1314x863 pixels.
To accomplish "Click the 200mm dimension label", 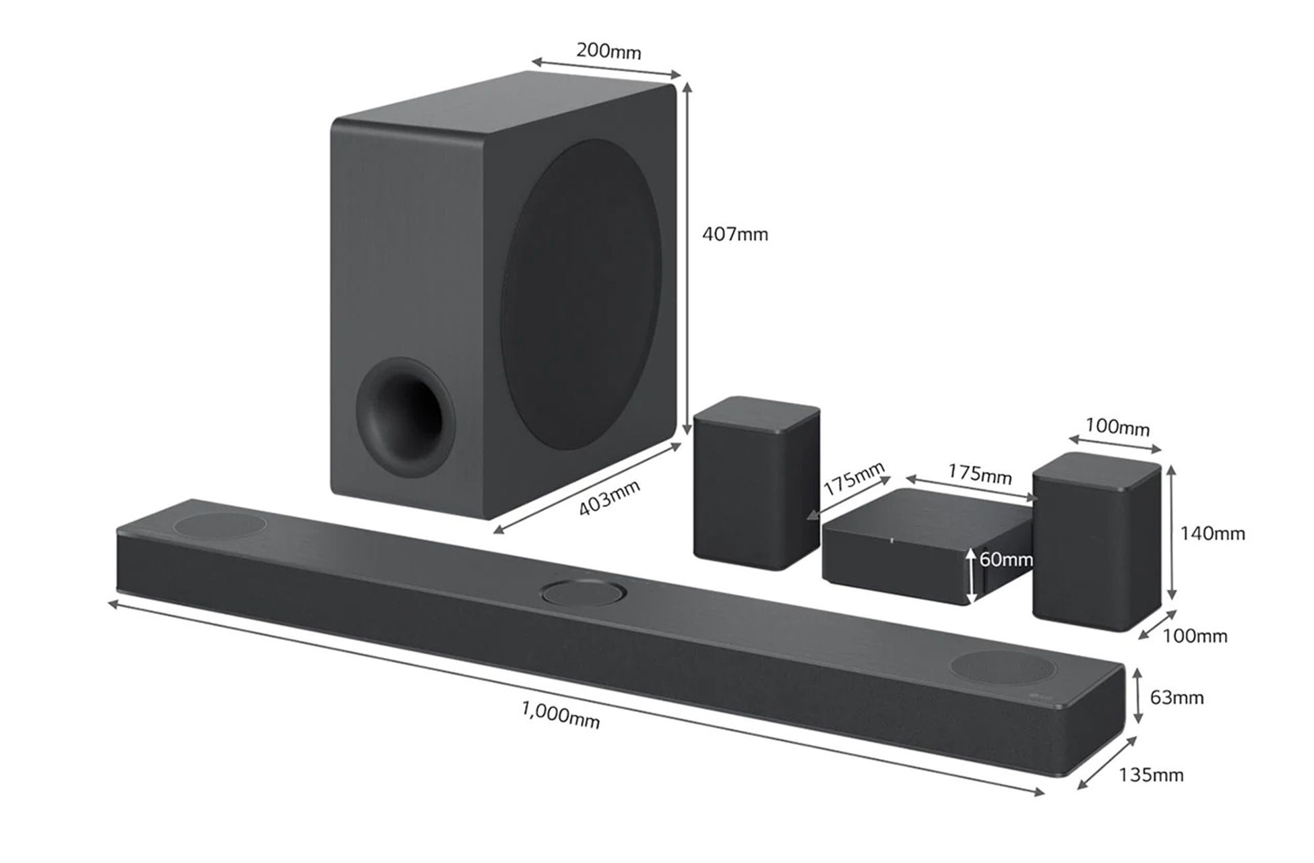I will click(x=608, y=51).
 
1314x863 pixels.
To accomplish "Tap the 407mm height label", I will click(x=734, y=235).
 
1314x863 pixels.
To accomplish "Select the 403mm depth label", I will click(x=608, y=498).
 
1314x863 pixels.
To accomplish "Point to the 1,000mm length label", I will click(x=560, y=714).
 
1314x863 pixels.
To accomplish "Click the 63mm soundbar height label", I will click(x=1176, y=697).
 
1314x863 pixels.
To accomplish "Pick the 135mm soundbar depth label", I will click(x=1150, y=775).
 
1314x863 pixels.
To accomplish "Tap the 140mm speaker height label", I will click(x=1212, y=534).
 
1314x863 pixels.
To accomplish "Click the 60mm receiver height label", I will click(x=1005, y=560).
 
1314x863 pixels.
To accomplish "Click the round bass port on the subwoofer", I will click(x=404, y=418).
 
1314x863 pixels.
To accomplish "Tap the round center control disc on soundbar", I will click(x=584, y=593).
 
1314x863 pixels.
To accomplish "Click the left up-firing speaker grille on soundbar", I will click(x=220, y=525).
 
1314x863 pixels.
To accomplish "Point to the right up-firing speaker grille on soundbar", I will click(x=1003, y=666).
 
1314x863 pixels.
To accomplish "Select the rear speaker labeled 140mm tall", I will click(x=1096, y=543).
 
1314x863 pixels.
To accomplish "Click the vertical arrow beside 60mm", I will click(x=971, y=575).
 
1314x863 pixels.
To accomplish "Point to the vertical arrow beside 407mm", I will click(x=687, y=260).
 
